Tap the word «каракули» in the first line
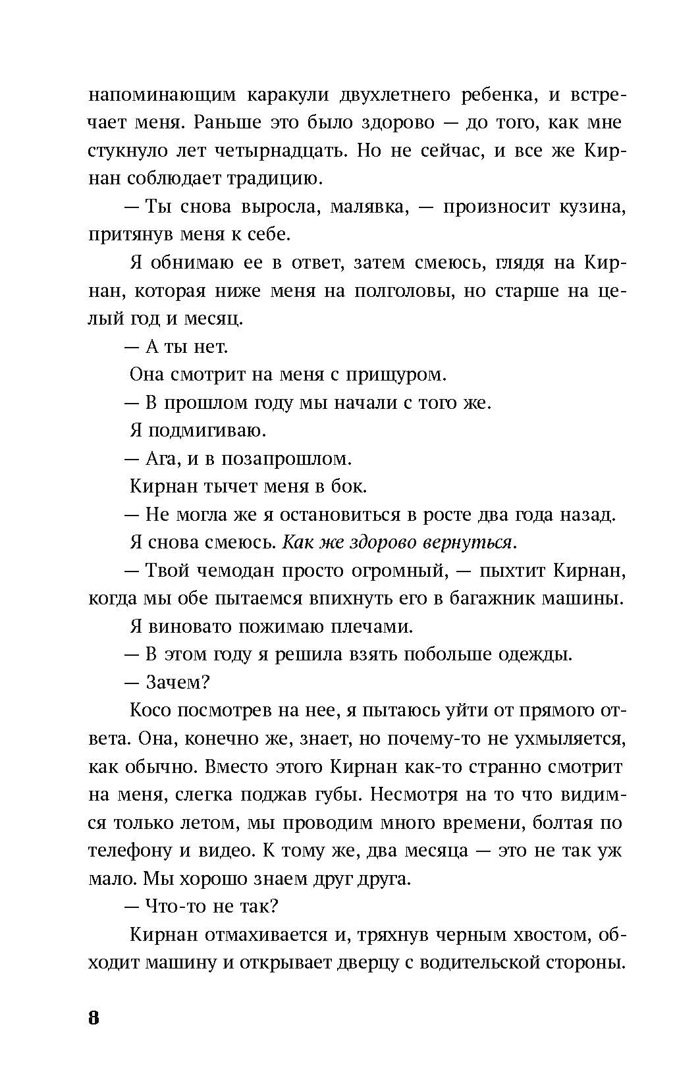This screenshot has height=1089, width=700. click(x=288, y=95)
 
